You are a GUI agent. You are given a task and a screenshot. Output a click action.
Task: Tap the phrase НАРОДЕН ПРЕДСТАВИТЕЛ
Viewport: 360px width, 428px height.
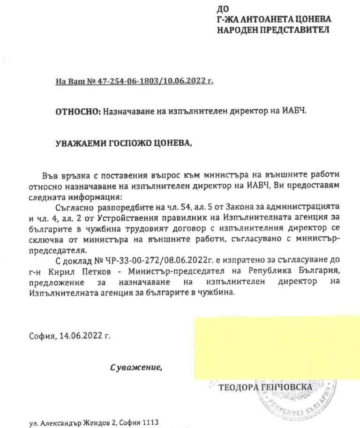coord(272,30)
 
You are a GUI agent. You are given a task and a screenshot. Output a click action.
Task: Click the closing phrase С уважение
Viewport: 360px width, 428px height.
coord(136,367)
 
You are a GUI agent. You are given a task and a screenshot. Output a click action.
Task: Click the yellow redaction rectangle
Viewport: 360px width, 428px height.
coord(277,347)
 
